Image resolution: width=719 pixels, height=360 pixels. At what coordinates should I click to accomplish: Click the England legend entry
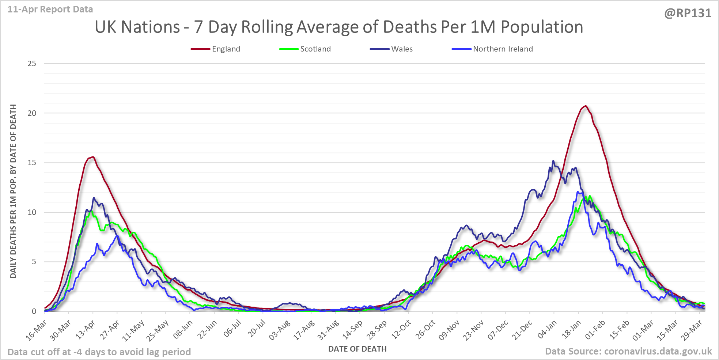(x=226, y=49)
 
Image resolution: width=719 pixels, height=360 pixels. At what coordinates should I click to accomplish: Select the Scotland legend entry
(x=315, y=49)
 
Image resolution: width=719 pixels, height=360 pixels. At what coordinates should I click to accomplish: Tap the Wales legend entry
(x=402, y=49)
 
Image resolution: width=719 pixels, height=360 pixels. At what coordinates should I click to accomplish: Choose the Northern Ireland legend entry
(x=503, y=49)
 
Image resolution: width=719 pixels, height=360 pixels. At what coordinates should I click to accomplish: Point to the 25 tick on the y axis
(x=32, y=64)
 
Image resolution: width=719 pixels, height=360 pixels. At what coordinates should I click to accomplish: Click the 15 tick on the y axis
(x=32, y=163)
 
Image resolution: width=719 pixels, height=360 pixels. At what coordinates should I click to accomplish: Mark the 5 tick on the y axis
(x=34, y=262)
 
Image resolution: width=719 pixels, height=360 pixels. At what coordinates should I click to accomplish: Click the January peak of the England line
(x=586, y=106)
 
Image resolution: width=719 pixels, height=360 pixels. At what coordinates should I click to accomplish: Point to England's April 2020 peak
(x=93, y=157)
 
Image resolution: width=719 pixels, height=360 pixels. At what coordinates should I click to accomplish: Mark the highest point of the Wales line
(x=553, y=161)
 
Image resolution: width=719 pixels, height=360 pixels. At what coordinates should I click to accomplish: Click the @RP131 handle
(x=688, y=13)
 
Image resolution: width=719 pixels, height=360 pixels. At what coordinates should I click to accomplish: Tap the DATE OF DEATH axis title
(x=357, y=349)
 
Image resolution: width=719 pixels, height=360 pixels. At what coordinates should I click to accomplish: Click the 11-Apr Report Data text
(x=50, y=9)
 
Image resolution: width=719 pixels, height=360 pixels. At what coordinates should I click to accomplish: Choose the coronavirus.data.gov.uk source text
(x=658, y=351)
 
